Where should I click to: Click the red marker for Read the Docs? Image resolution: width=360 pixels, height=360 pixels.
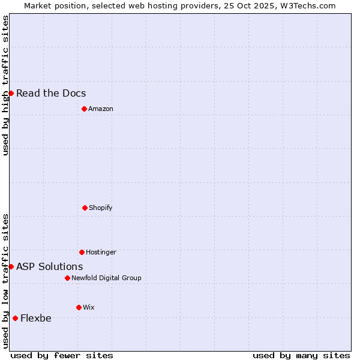pos(11,93)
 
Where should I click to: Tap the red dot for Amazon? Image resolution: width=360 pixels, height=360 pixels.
pos(84,109)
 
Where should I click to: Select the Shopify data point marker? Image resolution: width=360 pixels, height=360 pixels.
pos(85,208)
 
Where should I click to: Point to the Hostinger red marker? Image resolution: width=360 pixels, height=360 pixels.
pos(82,252)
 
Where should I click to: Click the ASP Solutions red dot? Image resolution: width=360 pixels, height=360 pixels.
pos(11,266)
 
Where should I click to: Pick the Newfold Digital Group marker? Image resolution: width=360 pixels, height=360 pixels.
pos(67,278)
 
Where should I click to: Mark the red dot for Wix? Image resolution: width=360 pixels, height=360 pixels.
pos(79,307)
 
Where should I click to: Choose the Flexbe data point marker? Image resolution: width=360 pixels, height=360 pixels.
pos(15,318)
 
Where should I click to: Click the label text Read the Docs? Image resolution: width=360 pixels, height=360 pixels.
pos(51,93)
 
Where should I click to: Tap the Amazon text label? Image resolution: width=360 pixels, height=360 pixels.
pos(101,109)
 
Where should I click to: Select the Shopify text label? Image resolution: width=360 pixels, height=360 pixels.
pos(101,208)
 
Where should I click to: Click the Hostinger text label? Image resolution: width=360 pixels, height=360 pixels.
pos(101,252)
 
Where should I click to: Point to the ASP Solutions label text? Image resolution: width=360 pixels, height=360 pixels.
pos(50,266)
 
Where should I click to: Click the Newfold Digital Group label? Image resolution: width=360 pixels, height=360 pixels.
pos(106,278)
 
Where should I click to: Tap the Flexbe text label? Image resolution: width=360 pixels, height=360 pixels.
pos(36,318)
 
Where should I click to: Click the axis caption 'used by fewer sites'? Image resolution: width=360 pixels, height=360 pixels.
pos(62,355)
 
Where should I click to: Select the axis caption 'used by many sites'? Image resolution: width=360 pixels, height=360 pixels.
pos(301,355)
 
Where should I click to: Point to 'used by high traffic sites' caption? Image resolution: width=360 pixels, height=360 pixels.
pos(5,85)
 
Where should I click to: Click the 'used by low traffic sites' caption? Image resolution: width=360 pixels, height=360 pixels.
pos(5,281)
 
